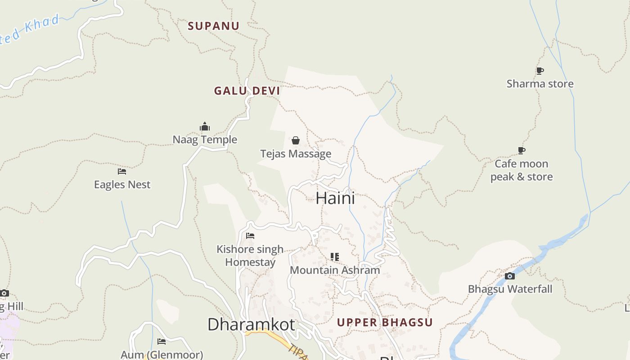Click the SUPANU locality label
(x=213, y=26)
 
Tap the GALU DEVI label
(x=247, y=91)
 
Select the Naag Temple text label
(x=205, y=139)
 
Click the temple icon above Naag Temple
(x=205, y=126)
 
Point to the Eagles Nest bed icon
(x=122, y=171)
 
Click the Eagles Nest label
(x=122, y=184)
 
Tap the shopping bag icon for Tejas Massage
(x=296, y=140)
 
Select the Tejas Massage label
(x=296, y=154)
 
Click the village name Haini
(x=335, y=198)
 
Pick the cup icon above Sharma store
(x=540, y=71)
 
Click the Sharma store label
(x=540, y=84)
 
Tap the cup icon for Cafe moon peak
(x=522, y=150)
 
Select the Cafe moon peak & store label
(x=522, y=170)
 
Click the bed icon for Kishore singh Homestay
(x=250, y=236)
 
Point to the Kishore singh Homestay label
(x=250, y=256)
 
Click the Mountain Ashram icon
(x=335, y=257)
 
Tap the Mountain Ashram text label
(x=335, y=270)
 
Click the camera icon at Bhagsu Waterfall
(x=510, y=276)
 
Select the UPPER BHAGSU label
(x=385, y=323)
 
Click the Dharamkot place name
(x=251, y=324)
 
